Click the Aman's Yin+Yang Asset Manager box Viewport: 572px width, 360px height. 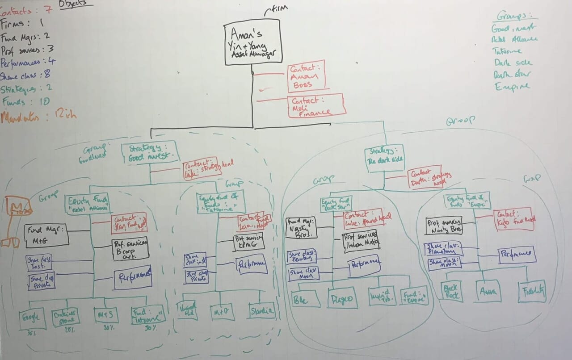click(x=253, y=43)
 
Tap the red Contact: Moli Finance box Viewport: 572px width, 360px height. click(x=316, y=106)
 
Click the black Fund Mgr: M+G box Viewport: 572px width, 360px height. click(x=47, y=234)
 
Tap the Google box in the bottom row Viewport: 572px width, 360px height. click(x=32, y=318)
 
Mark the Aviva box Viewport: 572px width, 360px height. click(x=488, y=292)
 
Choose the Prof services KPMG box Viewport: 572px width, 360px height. click(x=249, y=241)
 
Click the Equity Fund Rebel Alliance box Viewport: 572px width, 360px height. click(x=88, y=204)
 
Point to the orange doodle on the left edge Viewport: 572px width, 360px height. click(x=11, y=221)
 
